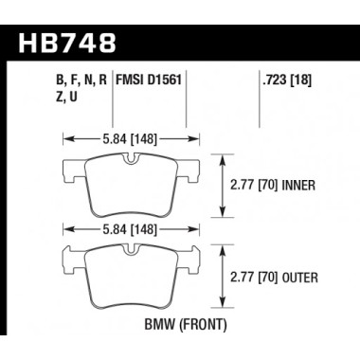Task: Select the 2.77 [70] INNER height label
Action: (x=278, y=186)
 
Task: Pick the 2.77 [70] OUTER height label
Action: (x=278, y=276)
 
